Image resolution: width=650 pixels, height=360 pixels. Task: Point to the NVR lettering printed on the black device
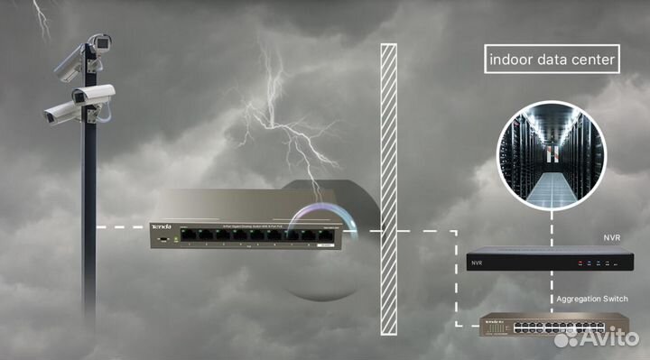[x=478, y=264]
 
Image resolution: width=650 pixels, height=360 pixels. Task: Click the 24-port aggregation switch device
[x=552, y=324]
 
